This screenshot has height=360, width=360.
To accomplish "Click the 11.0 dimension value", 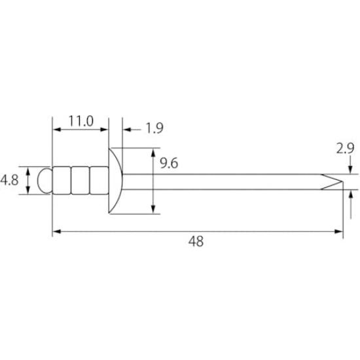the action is click(x=81, y=121).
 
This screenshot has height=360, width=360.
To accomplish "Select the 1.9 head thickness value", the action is click(x=154, y=128).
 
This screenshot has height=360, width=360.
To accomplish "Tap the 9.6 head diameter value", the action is click(x=169, y=163).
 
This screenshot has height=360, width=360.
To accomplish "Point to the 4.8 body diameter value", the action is click(x=9, y=180).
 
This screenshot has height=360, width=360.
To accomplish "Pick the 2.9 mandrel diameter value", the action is click(x=346, y=149).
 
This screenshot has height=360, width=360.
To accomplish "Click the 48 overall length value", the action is click(x=196, y=242).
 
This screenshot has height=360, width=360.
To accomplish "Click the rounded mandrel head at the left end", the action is click(x=45, y=181).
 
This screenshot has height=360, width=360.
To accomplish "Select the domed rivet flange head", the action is click(x=115, y=181).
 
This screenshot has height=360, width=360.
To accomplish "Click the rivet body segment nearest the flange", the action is click(x=99, y=181).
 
